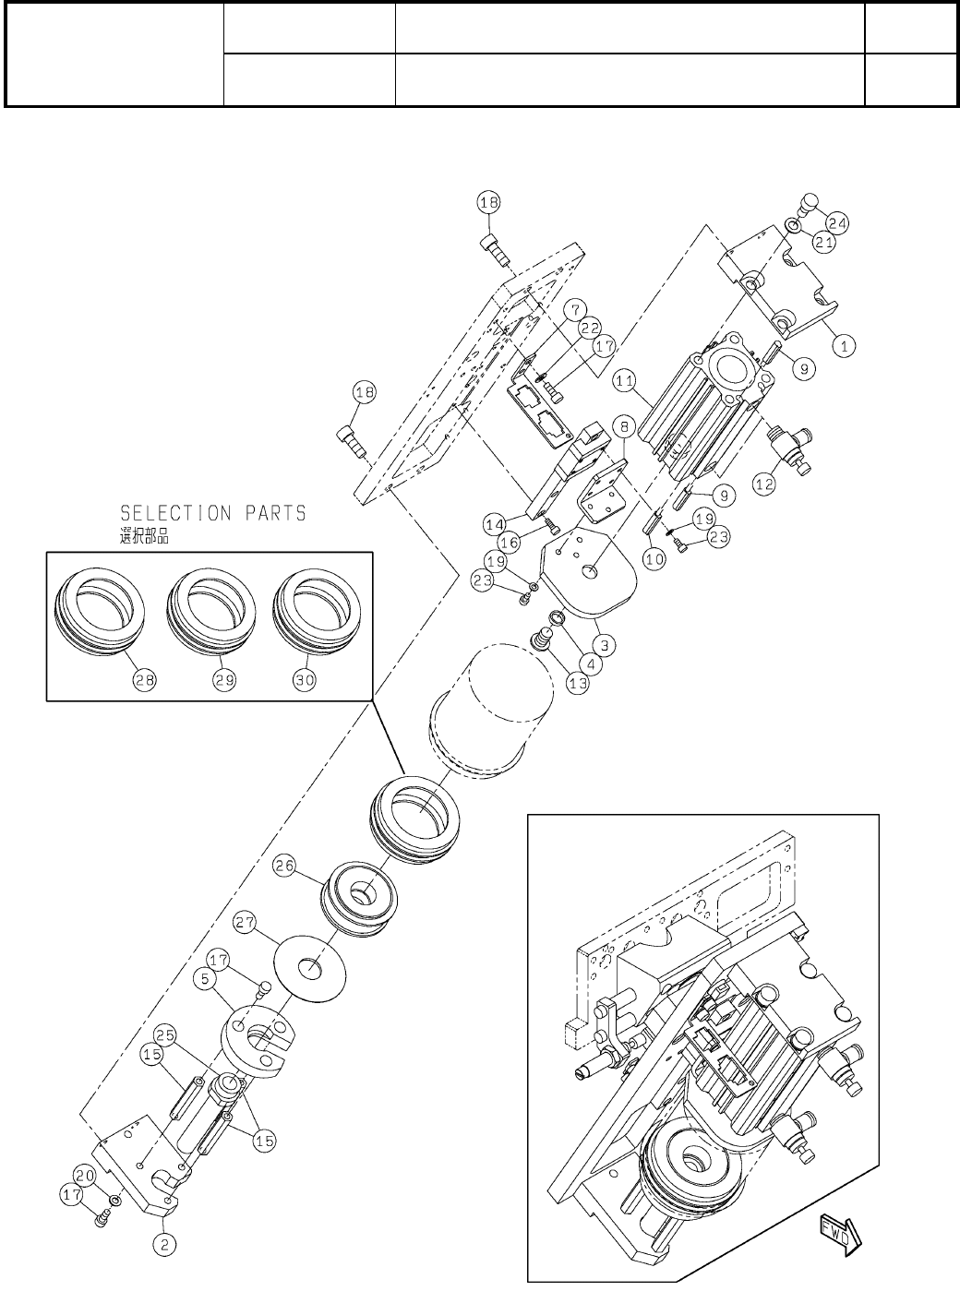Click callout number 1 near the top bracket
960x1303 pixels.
click(x=843, y=346)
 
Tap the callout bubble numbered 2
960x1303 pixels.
click(x=164, y=1244)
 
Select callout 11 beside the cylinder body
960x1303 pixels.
click(x=625, y=379)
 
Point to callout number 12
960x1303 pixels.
click(x=763, y=481)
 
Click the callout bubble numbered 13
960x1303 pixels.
click(x=578, y=684)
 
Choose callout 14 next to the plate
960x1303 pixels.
click(x=494, y=524)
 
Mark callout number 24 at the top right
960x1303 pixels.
click(x=839, y=222)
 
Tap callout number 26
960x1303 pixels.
click(x=285, y=867)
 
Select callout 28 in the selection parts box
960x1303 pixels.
click(x=146, y=680)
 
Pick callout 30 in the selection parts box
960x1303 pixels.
click(x=305, y=680)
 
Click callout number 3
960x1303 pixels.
click(x=604, y=642)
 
